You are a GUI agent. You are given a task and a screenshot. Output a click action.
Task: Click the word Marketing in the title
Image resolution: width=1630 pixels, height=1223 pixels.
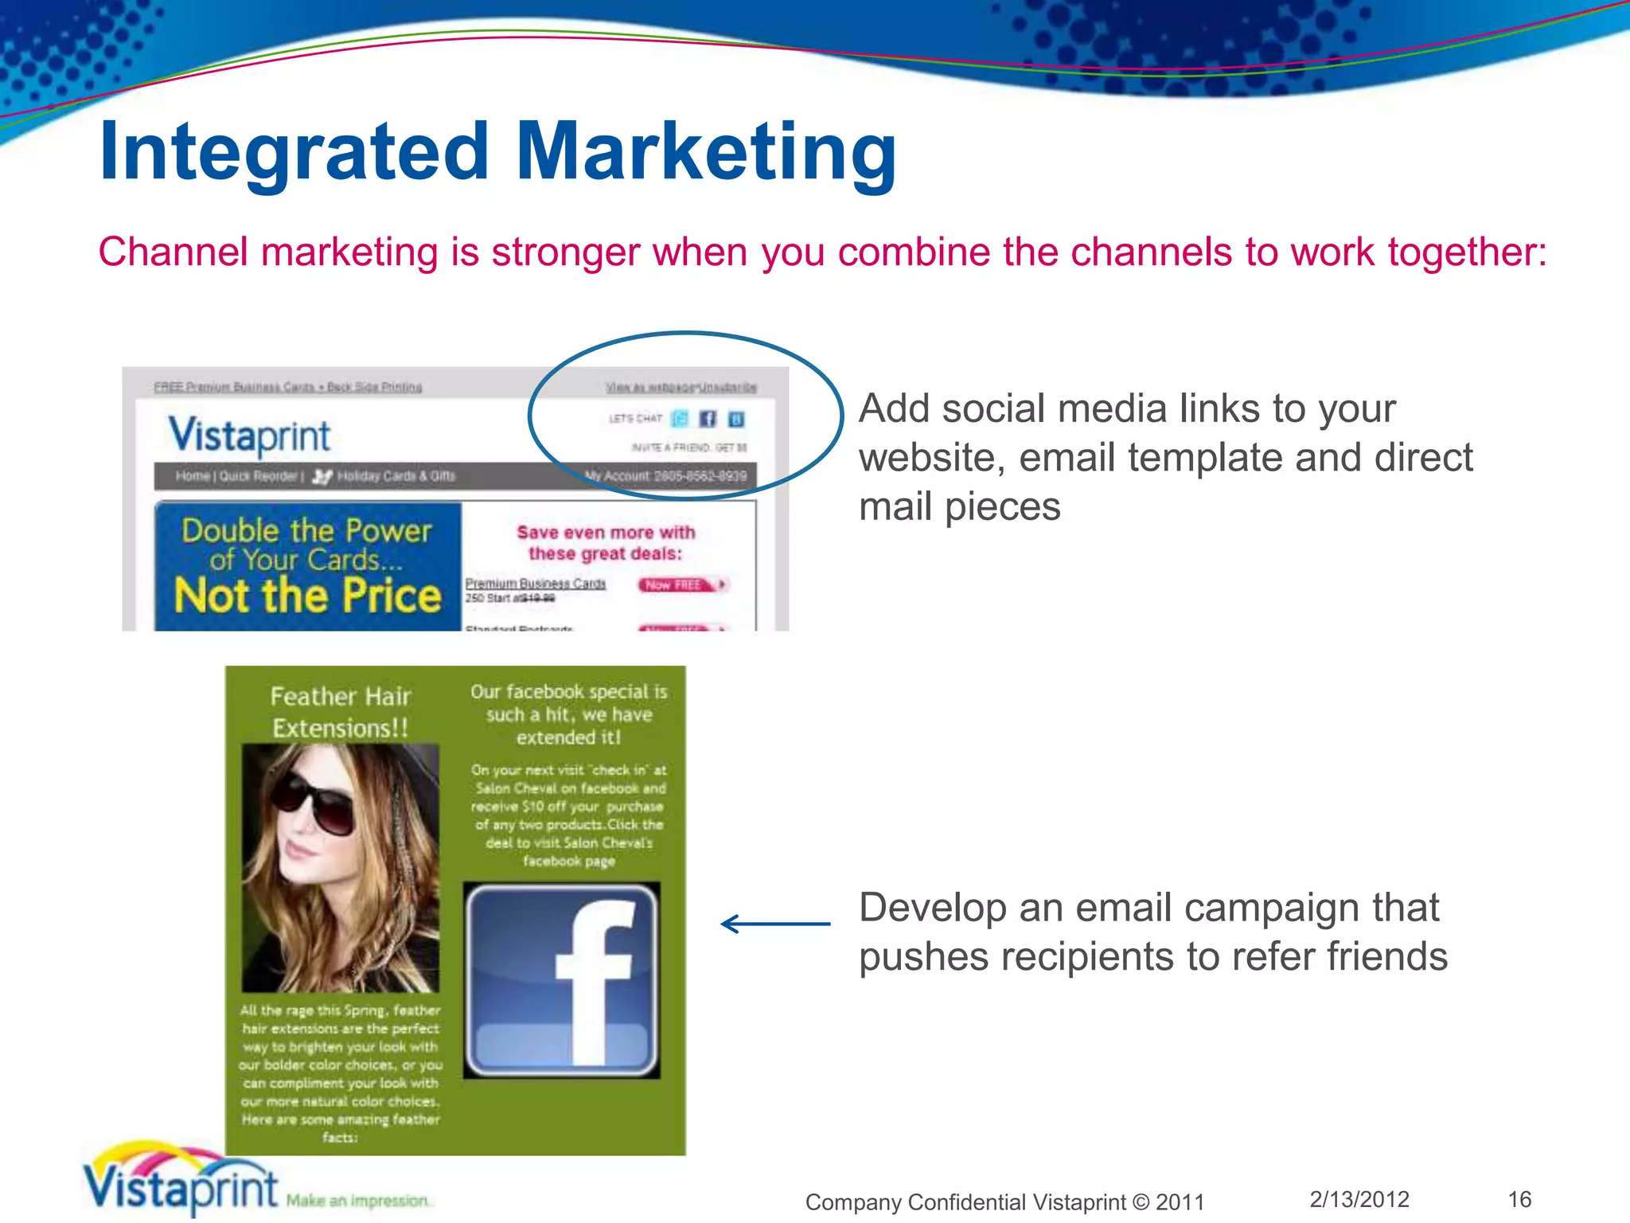click(707, 151)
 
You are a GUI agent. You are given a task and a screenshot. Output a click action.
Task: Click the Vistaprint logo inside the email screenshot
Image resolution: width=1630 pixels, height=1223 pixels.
click(249, 436)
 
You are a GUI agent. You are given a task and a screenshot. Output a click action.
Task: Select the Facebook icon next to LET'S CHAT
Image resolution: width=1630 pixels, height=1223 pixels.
click(708, 419)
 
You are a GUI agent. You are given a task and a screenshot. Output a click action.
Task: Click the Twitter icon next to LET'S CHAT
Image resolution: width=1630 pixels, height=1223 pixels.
click(680, 419)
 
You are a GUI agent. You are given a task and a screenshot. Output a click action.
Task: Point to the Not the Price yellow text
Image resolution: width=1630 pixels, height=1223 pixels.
click(307, 596)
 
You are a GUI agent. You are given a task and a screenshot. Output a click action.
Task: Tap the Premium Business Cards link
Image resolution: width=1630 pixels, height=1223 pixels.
click(536, 584)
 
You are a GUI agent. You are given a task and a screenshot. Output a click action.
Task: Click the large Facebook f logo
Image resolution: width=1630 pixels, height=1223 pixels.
click(562, 980)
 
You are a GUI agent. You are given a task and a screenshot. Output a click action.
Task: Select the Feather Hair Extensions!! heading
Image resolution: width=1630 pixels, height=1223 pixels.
click(341, 712)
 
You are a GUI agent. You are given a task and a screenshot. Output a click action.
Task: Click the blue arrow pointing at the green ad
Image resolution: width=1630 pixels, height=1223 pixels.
click(774, 924)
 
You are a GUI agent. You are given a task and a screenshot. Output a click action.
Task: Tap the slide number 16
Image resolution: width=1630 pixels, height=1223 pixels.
click(1519, 1199)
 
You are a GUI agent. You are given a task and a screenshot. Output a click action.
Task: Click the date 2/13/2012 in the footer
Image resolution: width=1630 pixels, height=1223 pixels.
click(1359, 1199)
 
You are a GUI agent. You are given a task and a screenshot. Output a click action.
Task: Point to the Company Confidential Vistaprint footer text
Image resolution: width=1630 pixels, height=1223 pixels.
click(1004, 1202)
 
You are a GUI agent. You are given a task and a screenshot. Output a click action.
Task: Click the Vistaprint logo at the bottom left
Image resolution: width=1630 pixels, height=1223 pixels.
click(181, 1184)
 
